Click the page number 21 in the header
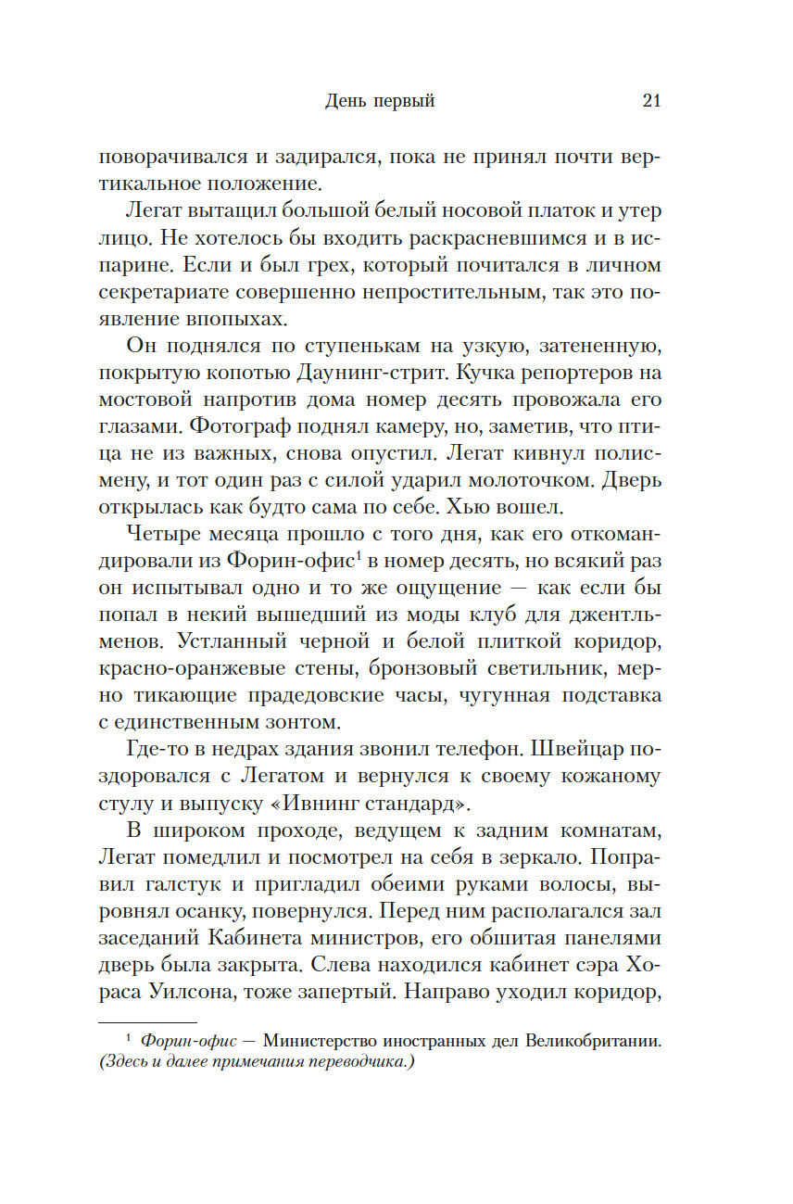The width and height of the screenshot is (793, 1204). click(x=650, y=102)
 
